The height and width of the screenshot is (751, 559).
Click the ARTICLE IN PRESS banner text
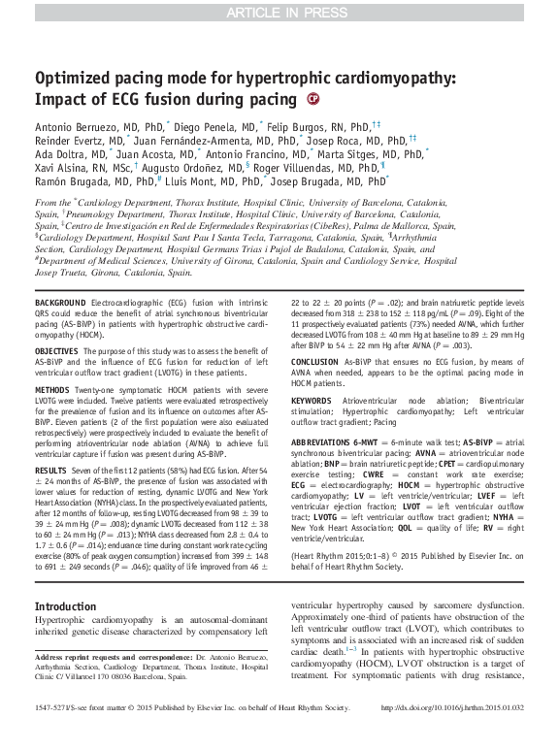pyautogui.click(x=279, y=13)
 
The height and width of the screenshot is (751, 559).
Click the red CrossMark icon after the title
pyautogui.click(x=312, y=99)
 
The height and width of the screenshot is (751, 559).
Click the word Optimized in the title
pyautogui.click(x=80, y=79)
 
